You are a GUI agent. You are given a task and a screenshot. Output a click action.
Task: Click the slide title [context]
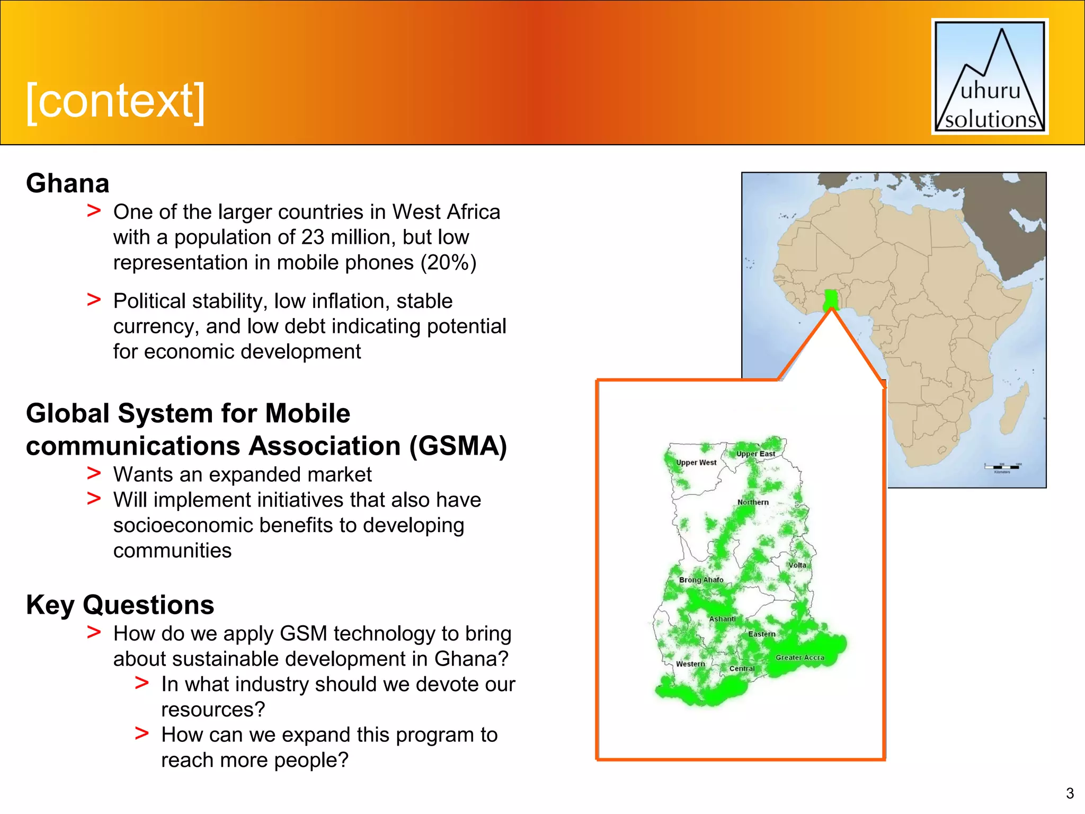point(115,101)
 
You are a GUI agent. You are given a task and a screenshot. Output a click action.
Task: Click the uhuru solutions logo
point(990,77)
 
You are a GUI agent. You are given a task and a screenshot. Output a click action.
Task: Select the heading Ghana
point(68,183)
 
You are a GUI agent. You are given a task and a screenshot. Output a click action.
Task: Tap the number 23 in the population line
point(313,237)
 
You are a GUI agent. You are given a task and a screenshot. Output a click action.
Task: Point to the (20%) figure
point(448,263)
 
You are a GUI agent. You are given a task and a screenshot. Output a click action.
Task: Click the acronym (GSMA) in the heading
point(458,446)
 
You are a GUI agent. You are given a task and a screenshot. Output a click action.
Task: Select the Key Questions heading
point(120,605)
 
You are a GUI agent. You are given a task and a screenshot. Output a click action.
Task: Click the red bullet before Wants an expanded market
point(94,473)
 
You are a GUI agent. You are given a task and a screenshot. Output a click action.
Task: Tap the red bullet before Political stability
point(94,299)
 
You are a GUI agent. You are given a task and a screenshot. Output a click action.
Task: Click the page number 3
point(1070,793)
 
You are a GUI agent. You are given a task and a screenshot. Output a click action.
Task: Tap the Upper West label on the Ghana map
point(696,463)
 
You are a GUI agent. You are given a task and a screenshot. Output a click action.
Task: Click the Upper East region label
point(755,454)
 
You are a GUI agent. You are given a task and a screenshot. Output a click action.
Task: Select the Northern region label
point(753,502)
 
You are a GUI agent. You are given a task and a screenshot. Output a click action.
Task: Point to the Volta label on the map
point(797,565)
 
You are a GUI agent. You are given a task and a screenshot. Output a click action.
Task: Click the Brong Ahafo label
point(701,580)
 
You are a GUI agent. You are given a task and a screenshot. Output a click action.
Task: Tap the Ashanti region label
point(722,619)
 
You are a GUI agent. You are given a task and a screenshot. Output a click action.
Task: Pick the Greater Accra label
point(800,658)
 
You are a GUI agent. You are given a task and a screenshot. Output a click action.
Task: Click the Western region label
point(690,664)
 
